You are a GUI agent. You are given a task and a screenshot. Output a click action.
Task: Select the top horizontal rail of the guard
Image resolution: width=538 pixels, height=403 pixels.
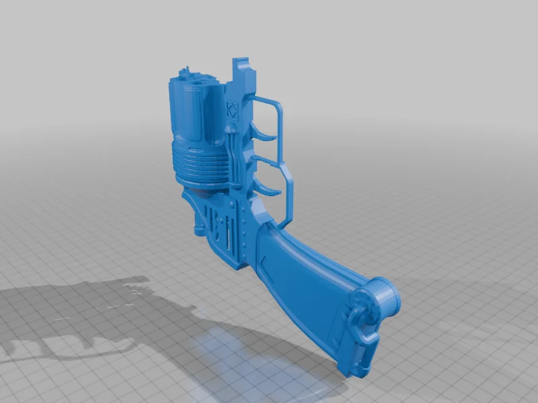[x=266, y=100]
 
